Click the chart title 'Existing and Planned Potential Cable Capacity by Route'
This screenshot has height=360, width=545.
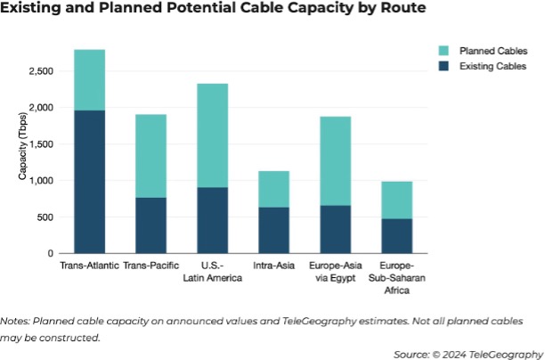pos(213,10)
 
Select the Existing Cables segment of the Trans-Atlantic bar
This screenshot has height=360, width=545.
pos(89,182)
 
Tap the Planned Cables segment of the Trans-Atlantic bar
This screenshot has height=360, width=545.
pos(89,80)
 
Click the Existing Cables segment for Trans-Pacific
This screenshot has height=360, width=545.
pos(150,225)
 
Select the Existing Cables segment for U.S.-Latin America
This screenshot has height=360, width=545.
pos(213,220)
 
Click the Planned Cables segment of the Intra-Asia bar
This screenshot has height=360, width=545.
pos(274,189)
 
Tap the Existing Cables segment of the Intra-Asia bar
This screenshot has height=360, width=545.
pos(274,230)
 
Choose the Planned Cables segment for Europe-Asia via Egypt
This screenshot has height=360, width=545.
pos(336,161)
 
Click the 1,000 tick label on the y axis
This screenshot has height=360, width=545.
pos(42,181)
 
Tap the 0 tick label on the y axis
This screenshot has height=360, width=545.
pos(53,253)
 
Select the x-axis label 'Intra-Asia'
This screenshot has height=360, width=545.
pos(274,266)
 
